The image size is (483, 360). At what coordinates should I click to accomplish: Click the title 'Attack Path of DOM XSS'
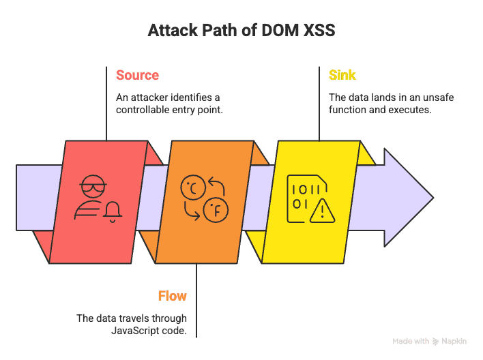[241, 31]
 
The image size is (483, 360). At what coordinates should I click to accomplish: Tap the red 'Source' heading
[137, 75]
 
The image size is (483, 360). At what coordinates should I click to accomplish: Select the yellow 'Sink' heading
[342, 75]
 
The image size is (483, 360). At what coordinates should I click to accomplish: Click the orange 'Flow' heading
[173, 295]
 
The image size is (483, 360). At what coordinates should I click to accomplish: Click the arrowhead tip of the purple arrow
[432, 198]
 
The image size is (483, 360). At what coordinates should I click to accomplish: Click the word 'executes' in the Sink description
[410, 109]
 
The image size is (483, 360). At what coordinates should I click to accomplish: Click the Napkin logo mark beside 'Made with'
[435, 341]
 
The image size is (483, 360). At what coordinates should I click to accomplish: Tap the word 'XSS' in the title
[317, 31]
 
